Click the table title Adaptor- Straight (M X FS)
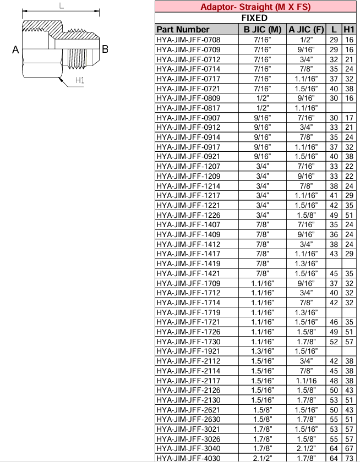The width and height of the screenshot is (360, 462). point(255,7)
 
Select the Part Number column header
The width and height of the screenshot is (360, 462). point(183,29)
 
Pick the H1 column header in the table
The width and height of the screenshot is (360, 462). point(349,29)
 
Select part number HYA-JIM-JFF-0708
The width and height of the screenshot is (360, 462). point(188,40)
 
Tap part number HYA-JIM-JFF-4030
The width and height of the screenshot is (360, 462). point(188,458)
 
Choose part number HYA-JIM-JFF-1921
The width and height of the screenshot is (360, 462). point(188,350)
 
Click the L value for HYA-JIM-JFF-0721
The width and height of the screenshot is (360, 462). point(334,88)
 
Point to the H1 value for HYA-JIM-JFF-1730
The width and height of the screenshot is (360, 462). point(349,341)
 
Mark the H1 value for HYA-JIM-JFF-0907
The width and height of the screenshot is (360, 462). point(349,118)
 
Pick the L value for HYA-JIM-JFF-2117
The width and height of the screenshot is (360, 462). point(334,380)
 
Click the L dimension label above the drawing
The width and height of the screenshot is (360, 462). point(62,6)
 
